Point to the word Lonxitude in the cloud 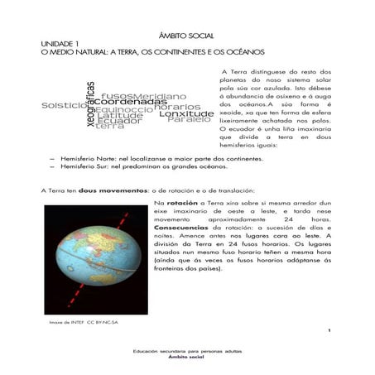click(x=186, y=113)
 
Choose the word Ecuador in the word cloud click(x=118, y=121)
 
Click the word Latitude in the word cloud click(x=119, y=115)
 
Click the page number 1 click(x=329, y=330)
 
